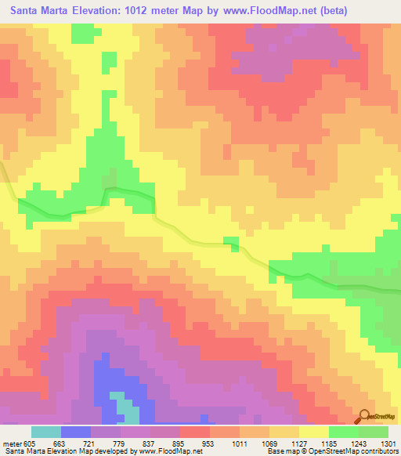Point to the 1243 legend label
click(359, 444)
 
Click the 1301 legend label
click(388, 444)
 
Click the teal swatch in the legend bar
click(45, 432)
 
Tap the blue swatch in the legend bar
click(76, 432)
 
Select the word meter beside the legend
click(12, 444)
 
